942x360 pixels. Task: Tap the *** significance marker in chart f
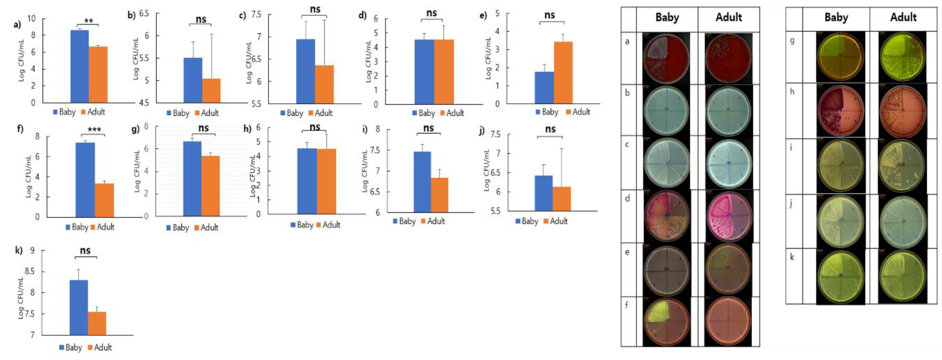[94, 130]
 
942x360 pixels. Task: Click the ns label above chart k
[85, 251]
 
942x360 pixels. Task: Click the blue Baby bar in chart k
[79, 307]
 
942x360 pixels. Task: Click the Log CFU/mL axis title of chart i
[365, 171]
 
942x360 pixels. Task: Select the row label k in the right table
[792, 257]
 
